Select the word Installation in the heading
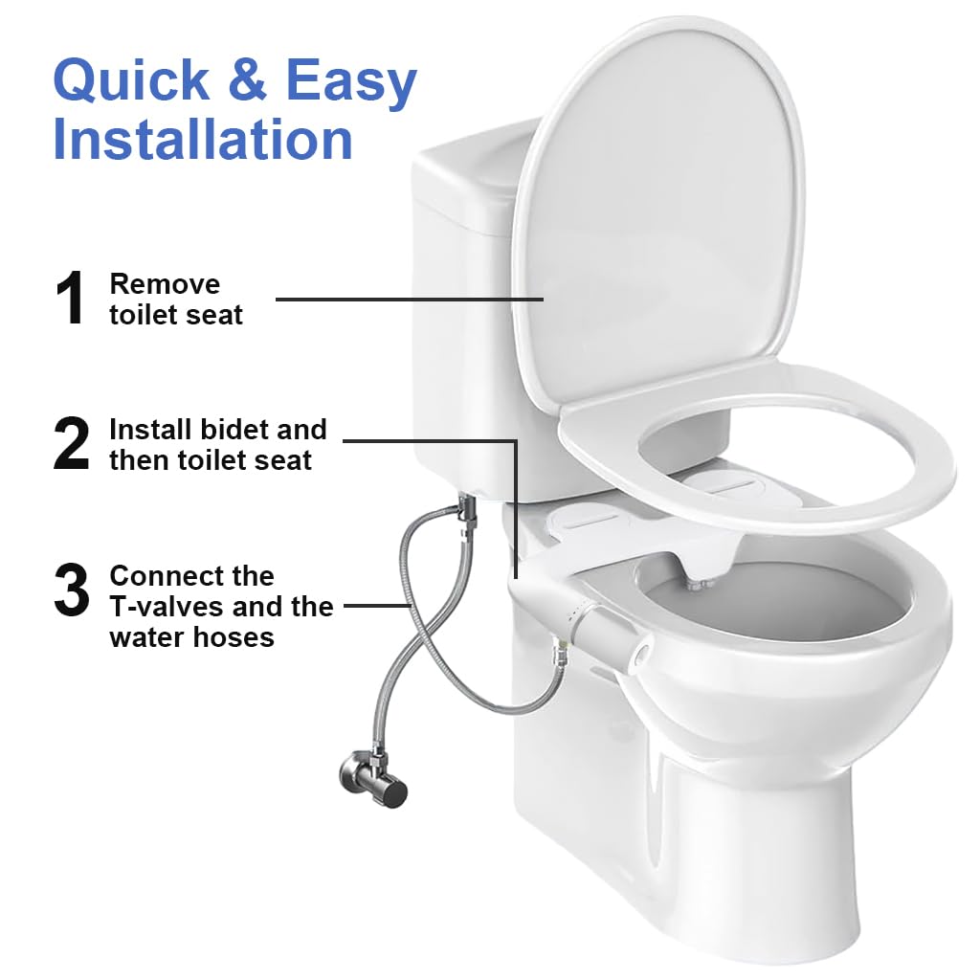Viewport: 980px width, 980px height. pyautogui.click(x=203, y=139)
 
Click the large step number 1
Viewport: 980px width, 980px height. pyautogui.click(x=72, y=299)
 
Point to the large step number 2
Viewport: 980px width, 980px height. pyautogui.click(x=72, y=444)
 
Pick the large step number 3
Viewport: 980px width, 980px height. pyautogui.click(x=72, y=590)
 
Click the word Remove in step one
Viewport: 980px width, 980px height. pyautogui.click(x=165, y=283)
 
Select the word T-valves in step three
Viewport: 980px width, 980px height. pyautogui.click(x=167, y=607)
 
